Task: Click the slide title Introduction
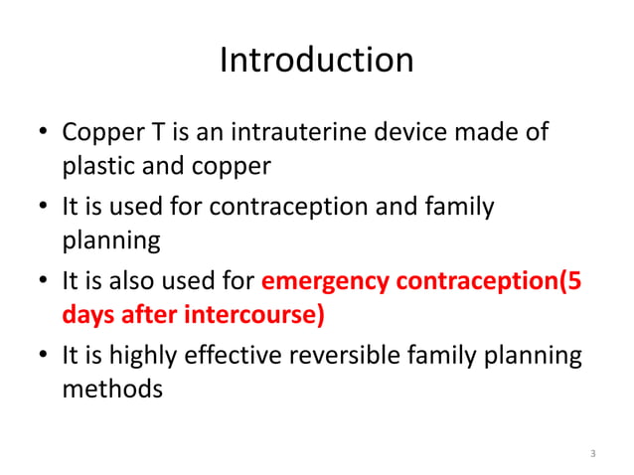(x=316, y=61)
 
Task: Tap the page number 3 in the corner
(x=593, y=454)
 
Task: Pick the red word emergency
(x=325, y=281)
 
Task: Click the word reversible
(x=341, y=356)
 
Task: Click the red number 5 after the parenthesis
(x=574, y=281)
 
